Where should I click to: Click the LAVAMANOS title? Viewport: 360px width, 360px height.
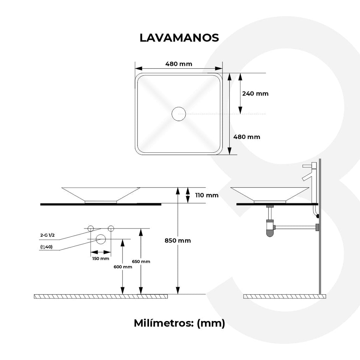[x=179, y=38]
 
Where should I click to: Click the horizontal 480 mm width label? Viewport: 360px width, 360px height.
[x=179, y=64]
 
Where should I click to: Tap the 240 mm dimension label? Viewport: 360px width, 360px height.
[x=255, y=94]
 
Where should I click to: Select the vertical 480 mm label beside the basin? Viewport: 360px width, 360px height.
[x=246, y=137]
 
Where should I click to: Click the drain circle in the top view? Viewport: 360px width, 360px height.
[x=179, y=114]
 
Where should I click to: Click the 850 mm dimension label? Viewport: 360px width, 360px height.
[x=178, y=240]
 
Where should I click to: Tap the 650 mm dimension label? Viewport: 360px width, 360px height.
[x=141, y=262]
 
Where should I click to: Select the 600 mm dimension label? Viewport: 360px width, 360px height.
[x=123, y=267]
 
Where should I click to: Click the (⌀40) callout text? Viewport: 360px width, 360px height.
[x=46, y=247]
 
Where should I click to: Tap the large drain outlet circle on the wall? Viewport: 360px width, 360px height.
[x=101, y=239]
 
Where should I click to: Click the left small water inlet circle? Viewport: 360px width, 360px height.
[x=91, y=228]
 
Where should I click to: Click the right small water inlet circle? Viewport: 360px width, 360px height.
[x=110, y=228]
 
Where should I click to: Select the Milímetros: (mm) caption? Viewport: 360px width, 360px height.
[x=179, y=323]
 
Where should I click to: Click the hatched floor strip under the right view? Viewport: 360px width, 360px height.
[x=284, y=296]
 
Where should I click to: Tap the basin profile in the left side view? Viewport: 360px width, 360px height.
[x=101, y=194]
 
